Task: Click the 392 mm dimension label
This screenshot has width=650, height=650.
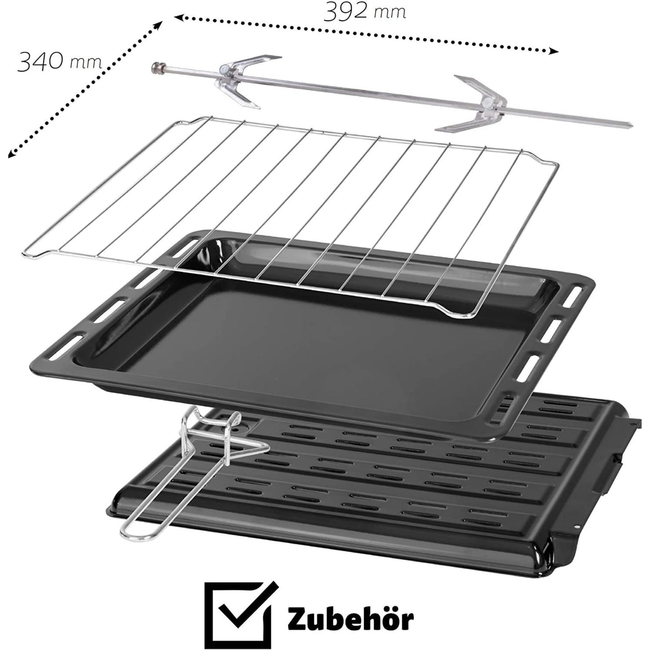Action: tap(365, 12)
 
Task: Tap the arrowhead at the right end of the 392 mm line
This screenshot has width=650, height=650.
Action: tap(554, 52)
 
